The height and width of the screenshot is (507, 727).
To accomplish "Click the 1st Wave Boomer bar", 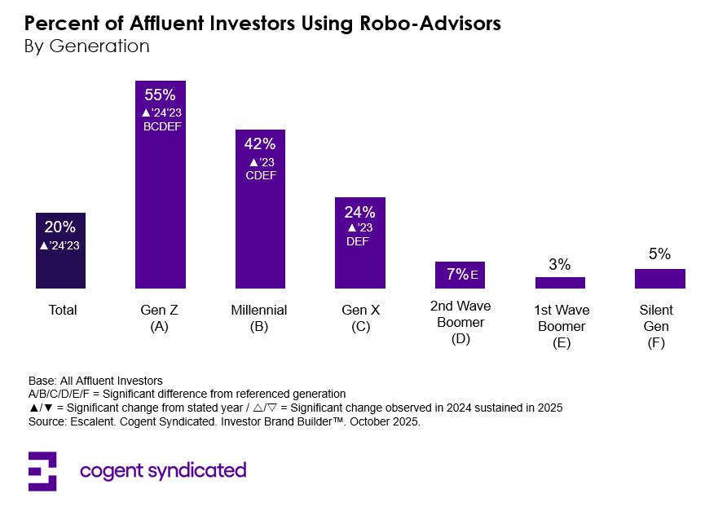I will [560, 283].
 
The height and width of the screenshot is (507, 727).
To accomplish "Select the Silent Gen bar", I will [659, 279].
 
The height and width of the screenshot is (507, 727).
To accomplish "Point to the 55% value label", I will [160, 95].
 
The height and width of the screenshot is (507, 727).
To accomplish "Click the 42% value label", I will [260, 143].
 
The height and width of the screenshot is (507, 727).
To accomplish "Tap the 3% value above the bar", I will [560, 264].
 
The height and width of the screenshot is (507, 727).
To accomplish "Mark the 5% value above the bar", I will [659, 254].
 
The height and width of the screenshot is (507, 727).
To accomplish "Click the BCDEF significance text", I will [160, 126].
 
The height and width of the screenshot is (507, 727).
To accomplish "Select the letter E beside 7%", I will [474, 275].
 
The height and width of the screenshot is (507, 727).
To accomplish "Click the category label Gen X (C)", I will [359, 318].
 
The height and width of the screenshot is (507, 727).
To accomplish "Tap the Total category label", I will [63, 311].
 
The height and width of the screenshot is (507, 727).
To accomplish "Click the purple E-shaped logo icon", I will [42, 471].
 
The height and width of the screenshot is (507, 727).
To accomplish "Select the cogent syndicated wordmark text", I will [163, 470].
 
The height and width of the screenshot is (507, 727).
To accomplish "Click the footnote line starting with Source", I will [224, 422].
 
